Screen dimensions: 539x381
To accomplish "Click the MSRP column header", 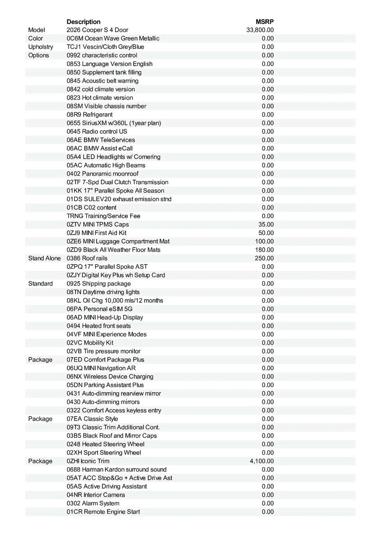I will click(265, 22).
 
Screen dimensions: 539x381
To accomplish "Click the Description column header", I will click(84, 22).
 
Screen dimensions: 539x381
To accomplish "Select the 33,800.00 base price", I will click(260, 30).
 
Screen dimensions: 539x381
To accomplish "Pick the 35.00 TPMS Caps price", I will click(266, 224).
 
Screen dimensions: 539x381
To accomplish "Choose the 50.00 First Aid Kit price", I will click(266, 233).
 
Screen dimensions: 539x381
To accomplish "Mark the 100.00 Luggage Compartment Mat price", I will click(264, 241).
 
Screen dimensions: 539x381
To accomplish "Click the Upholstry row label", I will click(40, 47).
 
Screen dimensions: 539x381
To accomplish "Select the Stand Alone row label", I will click(44, 258).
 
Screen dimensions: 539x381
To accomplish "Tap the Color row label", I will click(35, 39).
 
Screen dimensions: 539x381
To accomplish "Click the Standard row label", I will click(40, 283).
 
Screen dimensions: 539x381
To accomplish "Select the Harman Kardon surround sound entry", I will click(116, 469).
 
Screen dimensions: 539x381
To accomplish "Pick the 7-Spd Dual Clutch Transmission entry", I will click(117, 182).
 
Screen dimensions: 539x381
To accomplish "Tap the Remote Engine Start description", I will click(103, 512).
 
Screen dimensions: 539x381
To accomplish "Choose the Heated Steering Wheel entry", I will click(106, 444).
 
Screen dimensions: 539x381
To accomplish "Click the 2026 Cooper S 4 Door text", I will click(97, 30).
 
